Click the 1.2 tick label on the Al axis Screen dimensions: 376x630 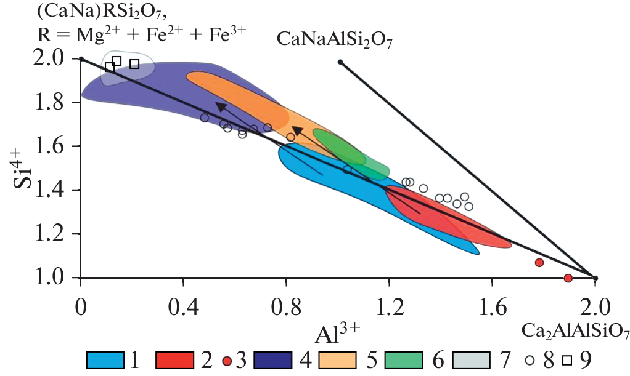coord(390,306)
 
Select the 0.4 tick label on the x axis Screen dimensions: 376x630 coord(183,306)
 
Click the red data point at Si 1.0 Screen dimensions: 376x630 coord(568,278)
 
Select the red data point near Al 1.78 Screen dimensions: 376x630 coord(539,263)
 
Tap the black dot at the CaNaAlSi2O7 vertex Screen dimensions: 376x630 coord(340,62)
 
